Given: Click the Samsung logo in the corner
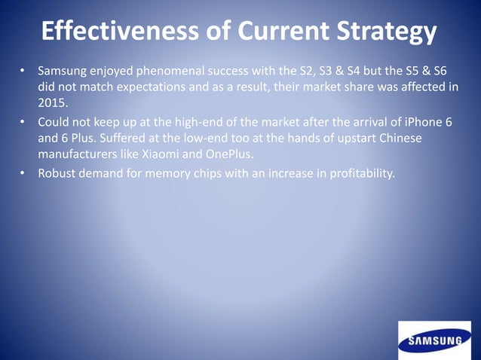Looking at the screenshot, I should click(435, 340).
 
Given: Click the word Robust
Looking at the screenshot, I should click(60, 174).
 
